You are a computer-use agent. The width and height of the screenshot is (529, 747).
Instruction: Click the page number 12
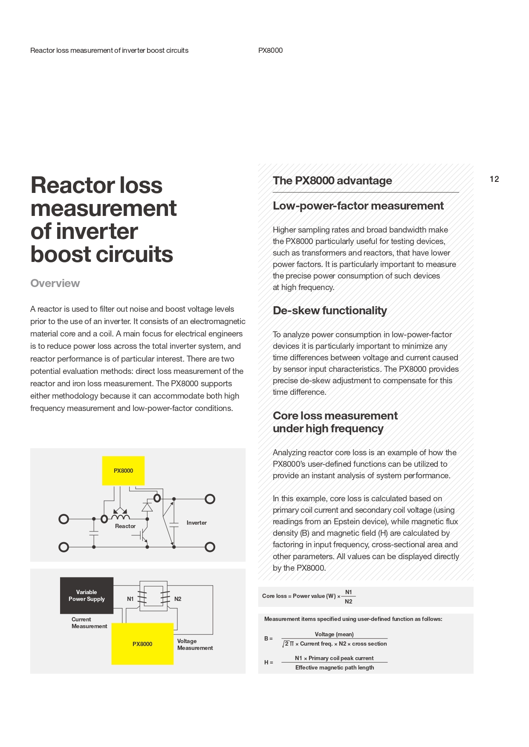tap(494, 179)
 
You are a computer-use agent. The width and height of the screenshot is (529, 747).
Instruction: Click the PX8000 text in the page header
tap(270, 50)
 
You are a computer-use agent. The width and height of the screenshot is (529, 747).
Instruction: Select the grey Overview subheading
tap(55, 283)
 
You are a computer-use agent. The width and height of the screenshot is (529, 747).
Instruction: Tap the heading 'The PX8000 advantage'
tap(332, 181)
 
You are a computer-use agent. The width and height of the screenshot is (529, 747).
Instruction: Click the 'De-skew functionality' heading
tap(330, 310)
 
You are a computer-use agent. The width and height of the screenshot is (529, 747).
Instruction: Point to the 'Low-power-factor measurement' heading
tap(358, 206)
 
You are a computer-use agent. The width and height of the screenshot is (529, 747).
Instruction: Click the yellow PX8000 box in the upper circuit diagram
tap(123, 471)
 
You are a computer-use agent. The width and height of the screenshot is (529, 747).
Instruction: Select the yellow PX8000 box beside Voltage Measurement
tap(142, 644)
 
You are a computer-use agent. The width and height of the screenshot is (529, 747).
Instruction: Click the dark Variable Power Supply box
tap(87, 595)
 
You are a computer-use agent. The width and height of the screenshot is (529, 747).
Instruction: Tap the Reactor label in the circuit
tap(125, 526)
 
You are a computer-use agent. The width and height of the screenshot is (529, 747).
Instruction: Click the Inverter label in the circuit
tap(197, 523)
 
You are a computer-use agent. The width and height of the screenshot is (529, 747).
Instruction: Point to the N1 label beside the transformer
tap(130, 599)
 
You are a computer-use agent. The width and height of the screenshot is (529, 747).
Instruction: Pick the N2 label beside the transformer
tap(178, 599)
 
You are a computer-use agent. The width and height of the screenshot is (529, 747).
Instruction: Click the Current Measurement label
tap(89, 623)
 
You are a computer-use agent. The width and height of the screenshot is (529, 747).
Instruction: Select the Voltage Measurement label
tap(195, 644)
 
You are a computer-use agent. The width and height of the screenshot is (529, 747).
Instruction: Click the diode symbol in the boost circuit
tap(147, 507)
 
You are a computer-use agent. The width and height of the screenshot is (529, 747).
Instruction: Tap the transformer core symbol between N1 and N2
tap(153, 596)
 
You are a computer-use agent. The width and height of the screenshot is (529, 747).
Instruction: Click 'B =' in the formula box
tap(268, 638)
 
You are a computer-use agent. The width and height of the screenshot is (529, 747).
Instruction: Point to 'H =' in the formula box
tap(269, 662)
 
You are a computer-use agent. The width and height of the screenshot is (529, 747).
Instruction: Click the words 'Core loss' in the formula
tap(274, 596)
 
